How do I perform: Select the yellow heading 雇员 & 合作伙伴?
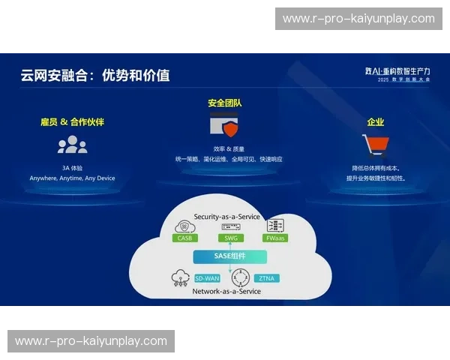pyautogui.click(x=73, y=121)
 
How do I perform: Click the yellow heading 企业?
pyautogui.click(x=376, y=121)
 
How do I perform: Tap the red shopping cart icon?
pyautogui.click(x=374, y=144)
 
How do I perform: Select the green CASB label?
pyautogui.click(x=184, y=238)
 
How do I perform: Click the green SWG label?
pyautogui.click(x=230, y=238)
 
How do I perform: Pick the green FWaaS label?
pyautogui.click(x=275, y=238)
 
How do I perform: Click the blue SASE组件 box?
pyautogui.click(x=230, y=256)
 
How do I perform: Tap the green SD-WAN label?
pyautogui.click(x=207, y=278)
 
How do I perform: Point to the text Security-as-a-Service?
pyautogui.click(x=226, y=217)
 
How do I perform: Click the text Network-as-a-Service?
pyautogui.click(x=226, y=291)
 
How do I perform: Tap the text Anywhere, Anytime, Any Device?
pyautogui.click(x=73, y=178)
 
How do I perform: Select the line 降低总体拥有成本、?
pyautogui.click(x=376, y=167)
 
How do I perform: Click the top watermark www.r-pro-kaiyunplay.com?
pyautogui.click(x=358, y=19)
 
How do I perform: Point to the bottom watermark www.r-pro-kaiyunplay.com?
pyautogui.click(x=91, y=341)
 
